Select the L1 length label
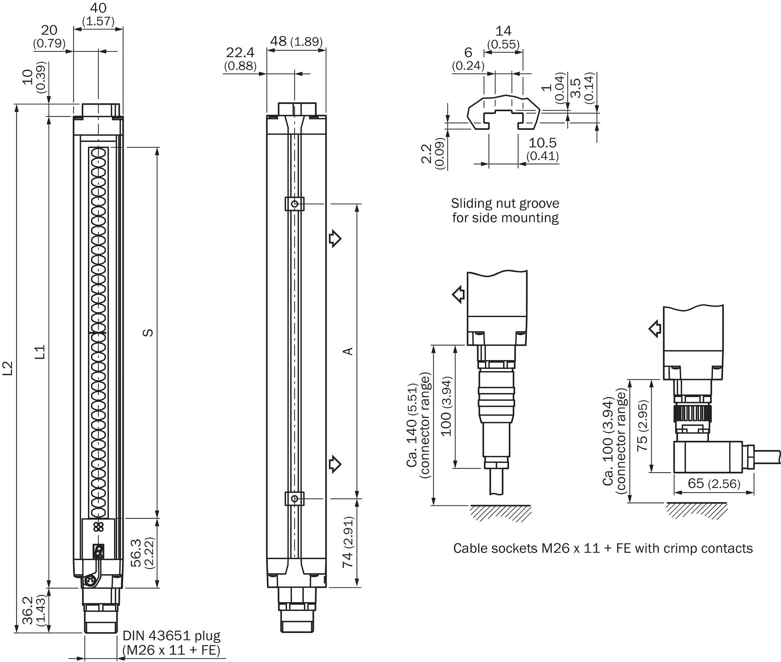click(x=40, y=352)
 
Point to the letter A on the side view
click(x=348, y=351)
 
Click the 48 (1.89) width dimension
click(x=296, y=41)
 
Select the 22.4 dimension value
click(x=240, y=53)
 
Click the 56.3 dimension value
click(x=136, y=553)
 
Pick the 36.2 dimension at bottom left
click(x=27, y=610)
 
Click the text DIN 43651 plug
click(x=171, y=636)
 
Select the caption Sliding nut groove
click(x=505, y=203)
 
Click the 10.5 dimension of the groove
click(x=543, y=143)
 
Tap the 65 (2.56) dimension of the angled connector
click(x=713, y=483)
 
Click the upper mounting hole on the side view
click(x=295, y=203)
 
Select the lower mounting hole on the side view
click(x=295, y=499)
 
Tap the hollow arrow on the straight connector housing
click(x=459, y=294)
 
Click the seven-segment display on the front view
click(x=98, y=551)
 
